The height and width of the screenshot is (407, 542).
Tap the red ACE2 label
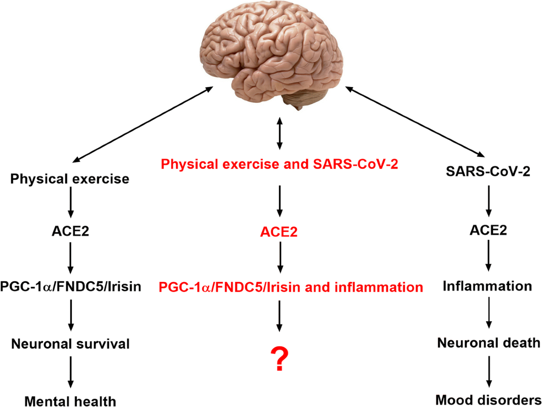[279, 233]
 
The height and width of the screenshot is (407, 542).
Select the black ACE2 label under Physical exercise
[70, 233]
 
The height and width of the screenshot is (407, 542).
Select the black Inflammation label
[488, 286]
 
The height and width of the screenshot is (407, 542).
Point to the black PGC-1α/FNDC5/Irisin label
[70, 287]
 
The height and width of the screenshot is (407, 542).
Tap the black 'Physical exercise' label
[70, 179]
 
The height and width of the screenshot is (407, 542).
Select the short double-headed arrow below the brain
[279, 134]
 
